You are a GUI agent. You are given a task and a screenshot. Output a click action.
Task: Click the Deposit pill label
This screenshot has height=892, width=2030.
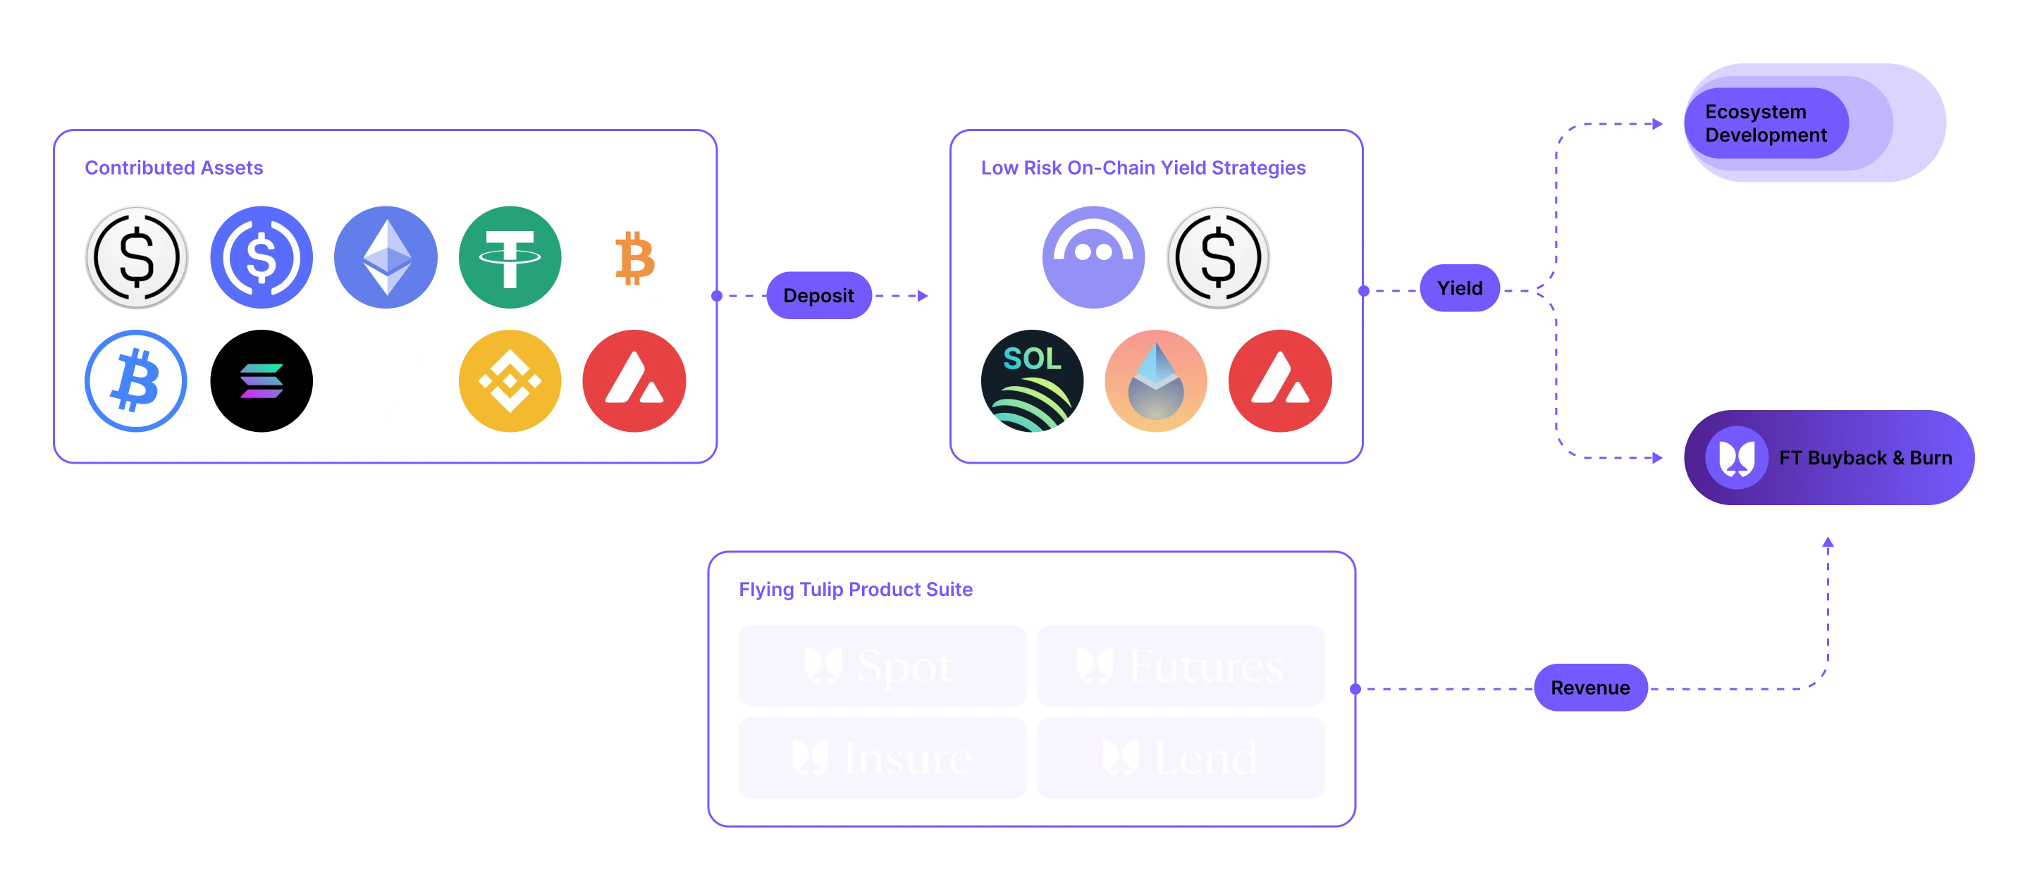click(818, 295)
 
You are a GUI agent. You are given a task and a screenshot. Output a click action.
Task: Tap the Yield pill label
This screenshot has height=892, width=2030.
click(1460, 288)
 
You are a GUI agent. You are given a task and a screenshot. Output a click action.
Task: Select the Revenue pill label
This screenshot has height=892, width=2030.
click(1590, 688)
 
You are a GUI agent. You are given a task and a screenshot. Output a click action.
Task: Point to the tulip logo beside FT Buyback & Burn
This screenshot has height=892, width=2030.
click(1736, 458)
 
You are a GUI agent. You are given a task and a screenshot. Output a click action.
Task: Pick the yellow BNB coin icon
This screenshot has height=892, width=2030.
click(510, 381)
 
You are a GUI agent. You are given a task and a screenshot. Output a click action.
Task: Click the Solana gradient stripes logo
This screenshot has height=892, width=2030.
click(262, 381)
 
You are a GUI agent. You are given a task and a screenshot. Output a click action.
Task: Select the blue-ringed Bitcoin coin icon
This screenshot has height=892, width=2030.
click(136, 381)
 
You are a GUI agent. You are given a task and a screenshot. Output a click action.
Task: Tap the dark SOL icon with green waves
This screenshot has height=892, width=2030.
click(1033, 381)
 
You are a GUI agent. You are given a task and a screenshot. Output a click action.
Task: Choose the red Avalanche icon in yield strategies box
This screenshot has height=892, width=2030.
click(1281, 381)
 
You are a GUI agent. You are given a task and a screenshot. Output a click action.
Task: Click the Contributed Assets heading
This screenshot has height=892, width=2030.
click(174, 167)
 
